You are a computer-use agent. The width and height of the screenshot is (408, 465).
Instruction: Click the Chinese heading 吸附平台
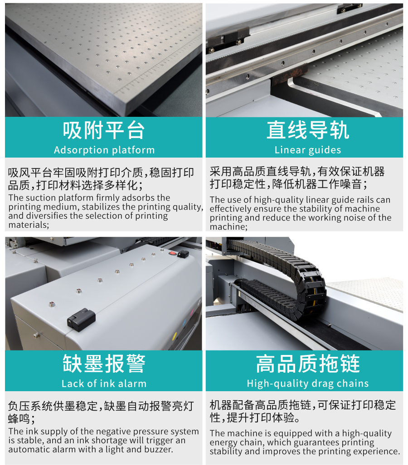[x=104, y=130]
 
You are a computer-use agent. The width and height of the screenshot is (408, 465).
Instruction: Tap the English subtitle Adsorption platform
[x=104, y=150]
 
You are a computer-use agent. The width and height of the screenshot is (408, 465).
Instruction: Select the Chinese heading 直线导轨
[x=308, y=130]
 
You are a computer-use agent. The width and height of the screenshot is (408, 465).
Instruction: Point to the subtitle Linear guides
[x=308, y=150]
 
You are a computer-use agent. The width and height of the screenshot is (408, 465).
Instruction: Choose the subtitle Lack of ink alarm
[x=104, y=384]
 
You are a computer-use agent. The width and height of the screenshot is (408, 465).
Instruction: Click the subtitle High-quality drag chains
[x=308, y=384]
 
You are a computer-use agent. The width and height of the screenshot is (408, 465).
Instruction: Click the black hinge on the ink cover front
[x=81, y=320]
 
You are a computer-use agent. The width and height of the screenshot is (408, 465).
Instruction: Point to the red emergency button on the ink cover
[x=172, y=253]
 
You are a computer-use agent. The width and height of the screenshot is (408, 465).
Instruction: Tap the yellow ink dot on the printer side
[x=175, y=336]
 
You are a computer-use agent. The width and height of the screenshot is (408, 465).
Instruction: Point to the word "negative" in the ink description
[x=115, y=431]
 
